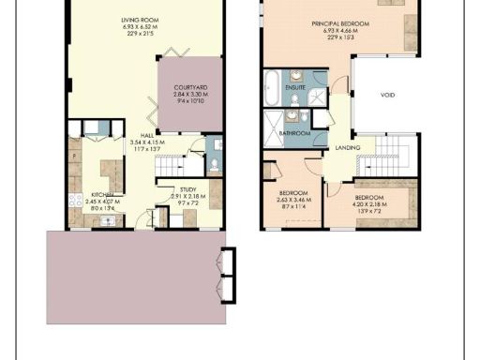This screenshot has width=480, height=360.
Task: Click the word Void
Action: point(387,95)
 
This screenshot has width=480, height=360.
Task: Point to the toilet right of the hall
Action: point(213,165)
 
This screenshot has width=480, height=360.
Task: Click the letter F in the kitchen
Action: point(74,156)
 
